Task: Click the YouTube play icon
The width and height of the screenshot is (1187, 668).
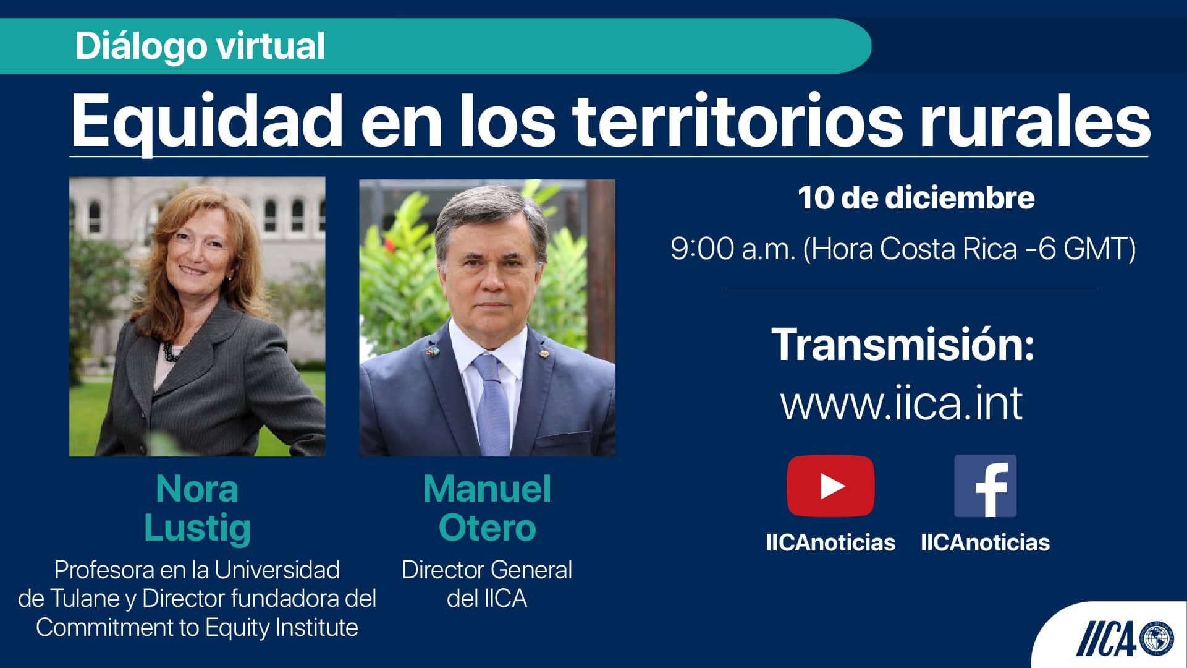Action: [830, 486]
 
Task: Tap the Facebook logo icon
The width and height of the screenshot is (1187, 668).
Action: [985, 486]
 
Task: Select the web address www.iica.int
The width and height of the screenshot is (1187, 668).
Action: [902, 403]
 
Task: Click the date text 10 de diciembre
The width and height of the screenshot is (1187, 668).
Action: [916, 198]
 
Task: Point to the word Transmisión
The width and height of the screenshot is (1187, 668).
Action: [903, 344]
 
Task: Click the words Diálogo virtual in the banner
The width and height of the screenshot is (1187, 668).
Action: [200, 46]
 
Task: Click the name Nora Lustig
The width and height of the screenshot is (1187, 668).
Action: [197, 508]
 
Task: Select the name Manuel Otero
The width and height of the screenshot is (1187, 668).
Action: [487, 508]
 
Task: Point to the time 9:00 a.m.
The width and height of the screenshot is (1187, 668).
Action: [733, 249]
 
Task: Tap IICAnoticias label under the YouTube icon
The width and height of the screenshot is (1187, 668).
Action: [830, 542]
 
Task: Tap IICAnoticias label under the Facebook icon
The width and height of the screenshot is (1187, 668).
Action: [985, 542]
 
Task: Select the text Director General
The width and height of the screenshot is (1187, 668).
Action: [487, 570]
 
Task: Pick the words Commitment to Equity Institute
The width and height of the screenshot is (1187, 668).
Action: [197, 627]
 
